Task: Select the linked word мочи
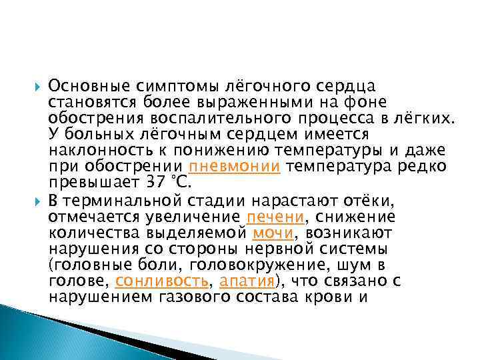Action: pos(270,233)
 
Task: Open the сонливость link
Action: pos(162,281)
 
